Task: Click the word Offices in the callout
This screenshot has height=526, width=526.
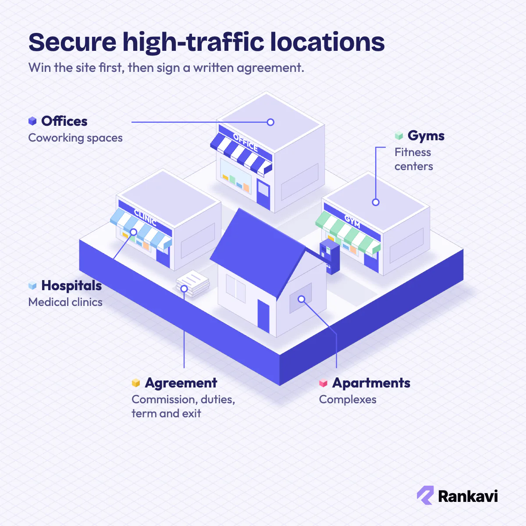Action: (64, 121)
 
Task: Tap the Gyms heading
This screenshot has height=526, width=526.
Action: (426, 136)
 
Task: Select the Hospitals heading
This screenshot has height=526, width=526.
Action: (71, 286)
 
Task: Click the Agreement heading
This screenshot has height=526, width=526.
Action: (181, 383)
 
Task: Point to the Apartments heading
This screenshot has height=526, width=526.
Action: (371, 383)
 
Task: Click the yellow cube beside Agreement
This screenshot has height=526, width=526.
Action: (135, 383)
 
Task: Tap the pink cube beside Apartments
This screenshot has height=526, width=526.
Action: (323, 383)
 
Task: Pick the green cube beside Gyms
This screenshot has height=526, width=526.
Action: (399, 135)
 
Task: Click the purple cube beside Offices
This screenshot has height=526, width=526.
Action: (32, 121)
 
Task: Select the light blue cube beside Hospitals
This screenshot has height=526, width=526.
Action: (32, 285)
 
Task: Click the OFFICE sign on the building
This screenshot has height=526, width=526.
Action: (245, 142)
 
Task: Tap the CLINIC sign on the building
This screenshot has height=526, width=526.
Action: (145, 218)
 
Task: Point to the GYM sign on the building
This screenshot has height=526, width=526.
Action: (352, 221)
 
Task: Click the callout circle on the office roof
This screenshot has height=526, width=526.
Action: (270, 122)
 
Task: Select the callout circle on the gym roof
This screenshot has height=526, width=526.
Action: (376, 202)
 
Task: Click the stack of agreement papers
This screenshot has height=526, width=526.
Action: (193, 283)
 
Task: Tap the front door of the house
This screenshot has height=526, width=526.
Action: (263, 316)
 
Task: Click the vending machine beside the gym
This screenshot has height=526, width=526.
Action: (330, 256)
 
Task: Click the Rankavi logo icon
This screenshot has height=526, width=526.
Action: (425, 495)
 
